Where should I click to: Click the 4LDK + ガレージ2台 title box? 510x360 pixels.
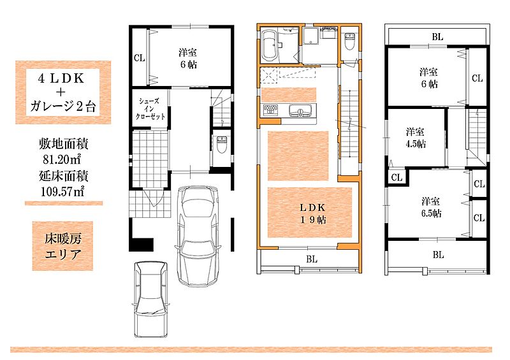coord(63,92)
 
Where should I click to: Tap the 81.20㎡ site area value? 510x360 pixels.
coord(62,159)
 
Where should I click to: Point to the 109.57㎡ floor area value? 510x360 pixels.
coord(62,191)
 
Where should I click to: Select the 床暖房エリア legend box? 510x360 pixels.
coord(62,246)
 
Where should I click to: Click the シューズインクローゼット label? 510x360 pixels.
coord(150,108)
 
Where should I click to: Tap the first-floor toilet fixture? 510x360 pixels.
coord(221,145)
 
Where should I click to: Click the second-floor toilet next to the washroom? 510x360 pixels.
coord(349,41)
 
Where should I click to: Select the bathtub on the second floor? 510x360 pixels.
coord(269,46)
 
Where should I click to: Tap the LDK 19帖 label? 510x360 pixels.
coord(312,213)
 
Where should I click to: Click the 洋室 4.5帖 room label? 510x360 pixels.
coord(416,138)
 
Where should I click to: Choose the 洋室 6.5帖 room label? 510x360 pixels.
coord(431,207)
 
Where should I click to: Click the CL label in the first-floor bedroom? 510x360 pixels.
coord(139,58)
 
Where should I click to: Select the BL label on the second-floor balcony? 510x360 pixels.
coord(312,259)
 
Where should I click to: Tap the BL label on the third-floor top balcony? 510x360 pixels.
coord(437,37)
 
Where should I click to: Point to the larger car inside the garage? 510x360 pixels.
coord(198,236)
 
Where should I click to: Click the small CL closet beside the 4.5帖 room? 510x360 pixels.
coord(397,178)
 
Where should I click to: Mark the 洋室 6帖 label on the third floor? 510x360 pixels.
coord(428,78)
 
